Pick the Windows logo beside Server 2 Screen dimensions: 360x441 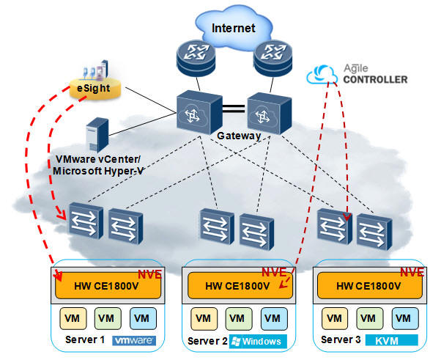(x=256, y=342)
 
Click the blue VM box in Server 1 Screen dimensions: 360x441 (x=141, y=319)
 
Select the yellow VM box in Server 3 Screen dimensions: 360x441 (x=334, y=319)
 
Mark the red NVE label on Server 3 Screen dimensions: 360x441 (x=411, y=271)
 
